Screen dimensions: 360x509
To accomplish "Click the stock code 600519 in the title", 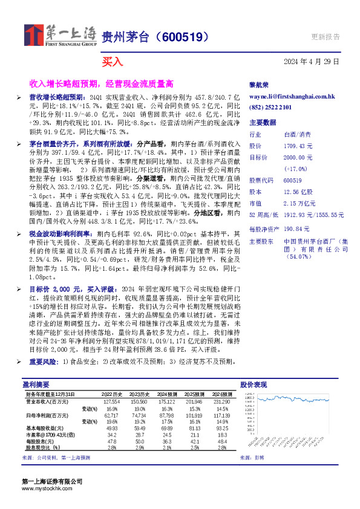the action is click(x=182, y=37).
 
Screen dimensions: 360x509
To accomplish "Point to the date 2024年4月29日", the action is click(x=312, y=62).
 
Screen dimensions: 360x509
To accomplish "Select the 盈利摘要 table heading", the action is click(x=36, y=384).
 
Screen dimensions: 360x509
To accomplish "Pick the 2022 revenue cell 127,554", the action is click(x=111, y=401).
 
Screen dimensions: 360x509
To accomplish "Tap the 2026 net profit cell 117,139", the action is click(x=218, y=415).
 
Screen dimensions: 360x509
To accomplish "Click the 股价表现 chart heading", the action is click(x=254, y=384).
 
